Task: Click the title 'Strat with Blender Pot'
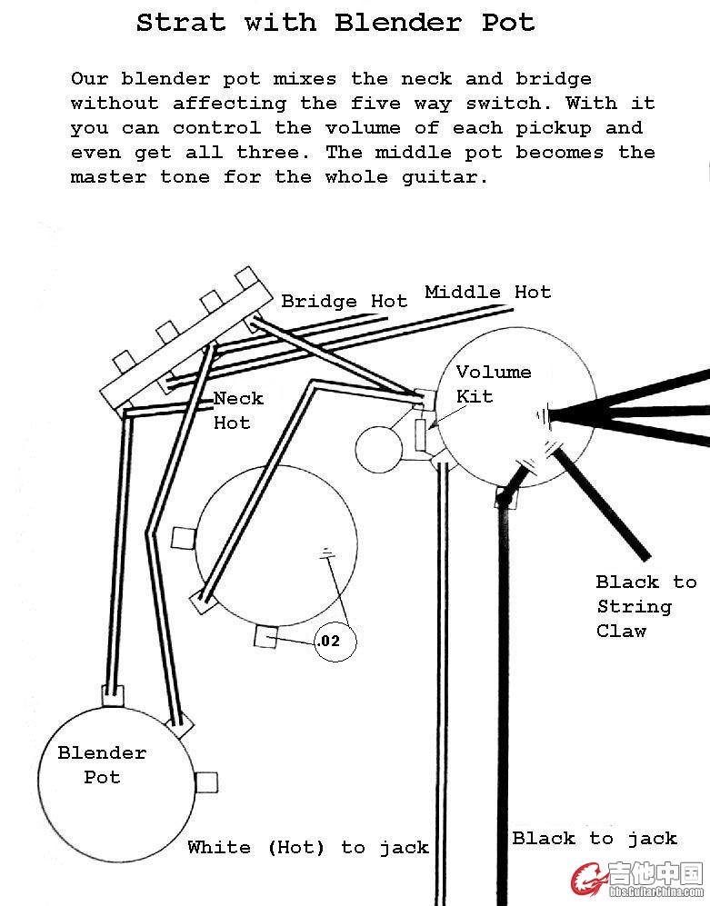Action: [x=335, y=23]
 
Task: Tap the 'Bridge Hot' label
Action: [x=344, y=302]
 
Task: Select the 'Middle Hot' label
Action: [x=487, y=293]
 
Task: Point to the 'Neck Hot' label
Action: [x=238, y=411]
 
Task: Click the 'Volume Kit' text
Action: [x=493, y=383]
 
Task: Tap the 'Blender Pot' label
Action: [x=102, y=765]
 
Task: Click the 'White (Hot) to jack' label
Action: [x=307, y=848]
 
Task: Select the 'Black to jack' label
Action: [x=595, y=839]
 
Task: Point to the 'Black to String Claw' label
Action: [x=645, y=606]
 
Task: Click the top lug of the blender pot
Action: [x=112, y=695]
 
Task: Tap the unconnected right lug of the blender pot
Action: [x=208, y=782]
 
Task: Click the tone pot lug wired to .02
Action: [x=265, y=637]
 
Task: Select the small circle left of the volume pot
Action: [x=377, y=449]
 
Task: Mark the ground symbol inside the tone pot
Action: [x=325, y=553]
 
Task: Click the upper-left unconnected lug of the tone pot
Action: [x=183, y=537]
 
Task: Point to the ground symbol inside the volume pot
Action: [x=544, y=415]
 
